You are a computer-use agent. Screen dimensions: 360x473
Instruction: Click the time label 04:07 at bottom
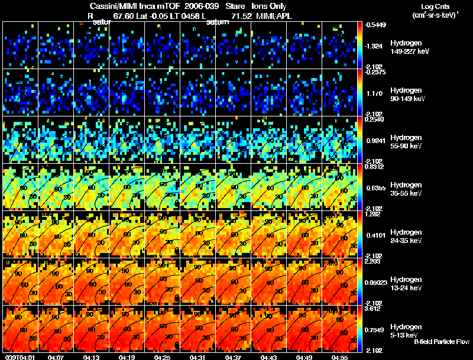[56, 356]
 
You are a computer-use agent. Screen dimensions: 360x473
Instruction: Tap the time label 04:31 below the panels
[198, 356]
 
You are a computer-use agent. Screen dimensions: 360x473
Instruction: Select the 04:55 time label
[340, 356]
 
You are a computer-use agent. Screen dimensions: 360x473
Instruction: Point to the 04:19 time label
[127, 356]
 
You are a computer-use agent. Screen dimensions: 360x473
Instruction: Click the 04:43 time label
[269, 356]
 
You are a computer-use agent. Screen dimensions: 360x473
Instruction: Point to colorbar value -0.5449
[375, 25]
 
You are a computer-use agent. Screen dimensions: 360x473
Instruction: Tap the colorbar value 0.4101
[375, 235]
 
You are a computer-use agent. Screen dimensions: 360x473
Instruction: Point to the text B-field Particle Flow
[442, 342]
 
